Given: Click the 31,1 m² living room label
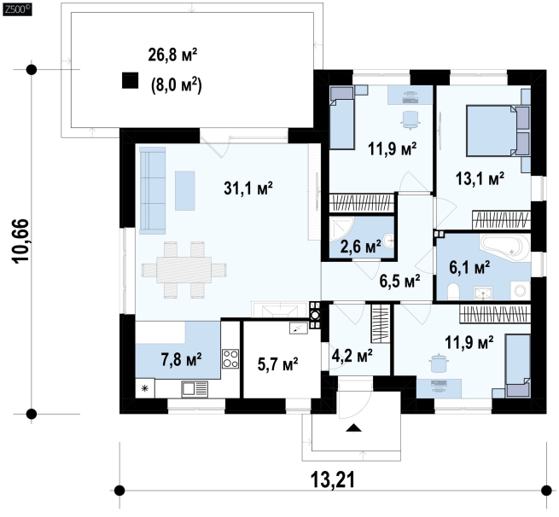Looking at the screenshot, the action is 248,189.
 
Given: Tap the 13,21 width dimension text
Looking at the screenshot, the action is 333,479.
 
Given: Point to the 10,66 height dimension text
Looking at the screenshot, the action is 20,241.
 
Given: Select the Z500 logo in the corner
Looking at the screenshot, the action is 17,9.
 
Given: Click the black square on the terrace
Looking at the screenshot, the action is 130,80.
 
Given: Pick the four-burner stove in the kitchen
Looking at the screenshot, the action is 230,358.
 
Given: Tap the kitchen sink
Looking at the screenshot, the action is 195,389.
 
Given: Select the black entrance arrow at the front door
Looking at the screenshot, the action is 353,428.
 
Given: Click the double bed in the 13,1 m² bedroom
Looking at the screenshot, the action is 498,131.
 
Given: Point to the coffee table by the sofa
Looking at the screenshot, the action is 184,190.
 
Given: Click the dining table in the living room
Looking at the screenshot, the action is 184,270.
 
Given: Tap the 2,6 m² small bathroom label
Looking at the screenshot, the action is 360,247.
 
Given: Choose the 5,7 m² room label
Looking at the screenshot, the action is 277,364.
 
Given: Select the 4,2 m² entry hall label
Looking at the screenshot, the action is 352,355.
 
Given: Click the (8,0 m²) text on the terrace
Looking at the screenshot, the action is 177,85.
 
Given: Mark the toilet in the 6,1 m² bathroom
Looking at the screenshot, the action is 453,291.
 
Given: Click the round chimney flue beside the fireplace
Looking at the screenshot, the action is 315,315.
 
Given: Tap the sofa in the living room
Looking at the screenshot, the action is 152,190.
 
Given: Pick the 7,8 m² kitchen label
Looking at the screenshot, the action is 181,359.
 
